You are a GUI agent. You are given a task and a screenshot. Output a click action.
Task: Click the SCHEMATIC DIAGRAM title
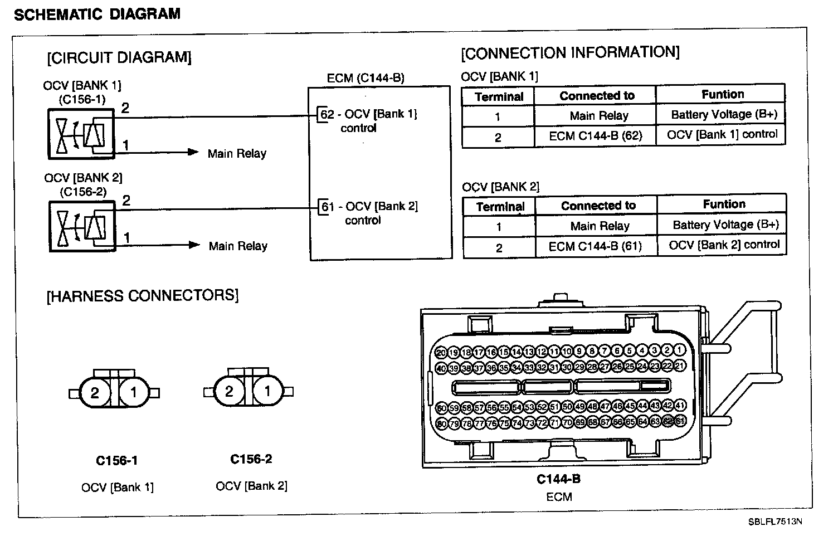coord(97,14)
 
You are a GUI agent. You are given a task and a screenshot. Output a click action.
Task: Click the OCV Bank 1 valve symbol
coord(81,134)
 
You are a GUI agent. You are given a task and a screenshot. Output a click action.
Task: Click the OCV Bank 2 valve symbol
coord(82,226)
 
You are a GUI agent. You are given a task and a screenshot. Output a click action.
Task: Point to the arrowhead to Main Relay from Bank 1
coord(193,152)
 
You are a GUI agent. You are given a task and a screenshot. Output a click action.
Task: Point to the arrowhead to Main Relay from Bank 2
coord(194,245)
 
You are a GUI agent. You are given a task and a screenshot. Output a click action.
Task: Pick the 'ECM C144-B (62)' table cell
coord(595,137)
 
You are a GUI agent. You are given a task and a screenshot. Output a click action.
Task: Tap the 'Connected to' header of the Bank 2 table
coord(598,206)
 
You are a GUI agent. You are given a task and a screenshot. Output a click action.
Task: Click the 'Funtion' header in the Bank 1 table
coord(723,94)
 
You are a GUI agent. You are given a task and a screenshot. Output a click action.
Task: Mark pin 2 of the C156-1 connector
coord(95,393)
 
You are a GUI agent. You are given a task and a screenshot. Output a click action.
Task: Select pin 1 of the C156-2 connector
coord(267,392)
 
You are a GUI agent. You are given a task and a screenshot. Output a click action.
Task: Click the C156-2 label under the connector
coord(251,459)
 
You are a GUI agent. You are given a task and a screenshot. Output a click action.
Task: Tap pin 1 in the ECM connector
coord(680,351)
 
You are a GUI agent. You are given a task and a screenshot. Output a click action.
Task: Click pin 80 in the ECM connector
coord(441,423)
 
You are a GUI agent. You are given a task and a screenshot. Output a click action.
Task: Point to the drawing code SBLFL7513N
coord(775,522)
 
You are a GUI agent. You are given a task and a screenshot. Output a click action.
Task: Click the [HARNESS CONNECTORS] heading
coord(142,295)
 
